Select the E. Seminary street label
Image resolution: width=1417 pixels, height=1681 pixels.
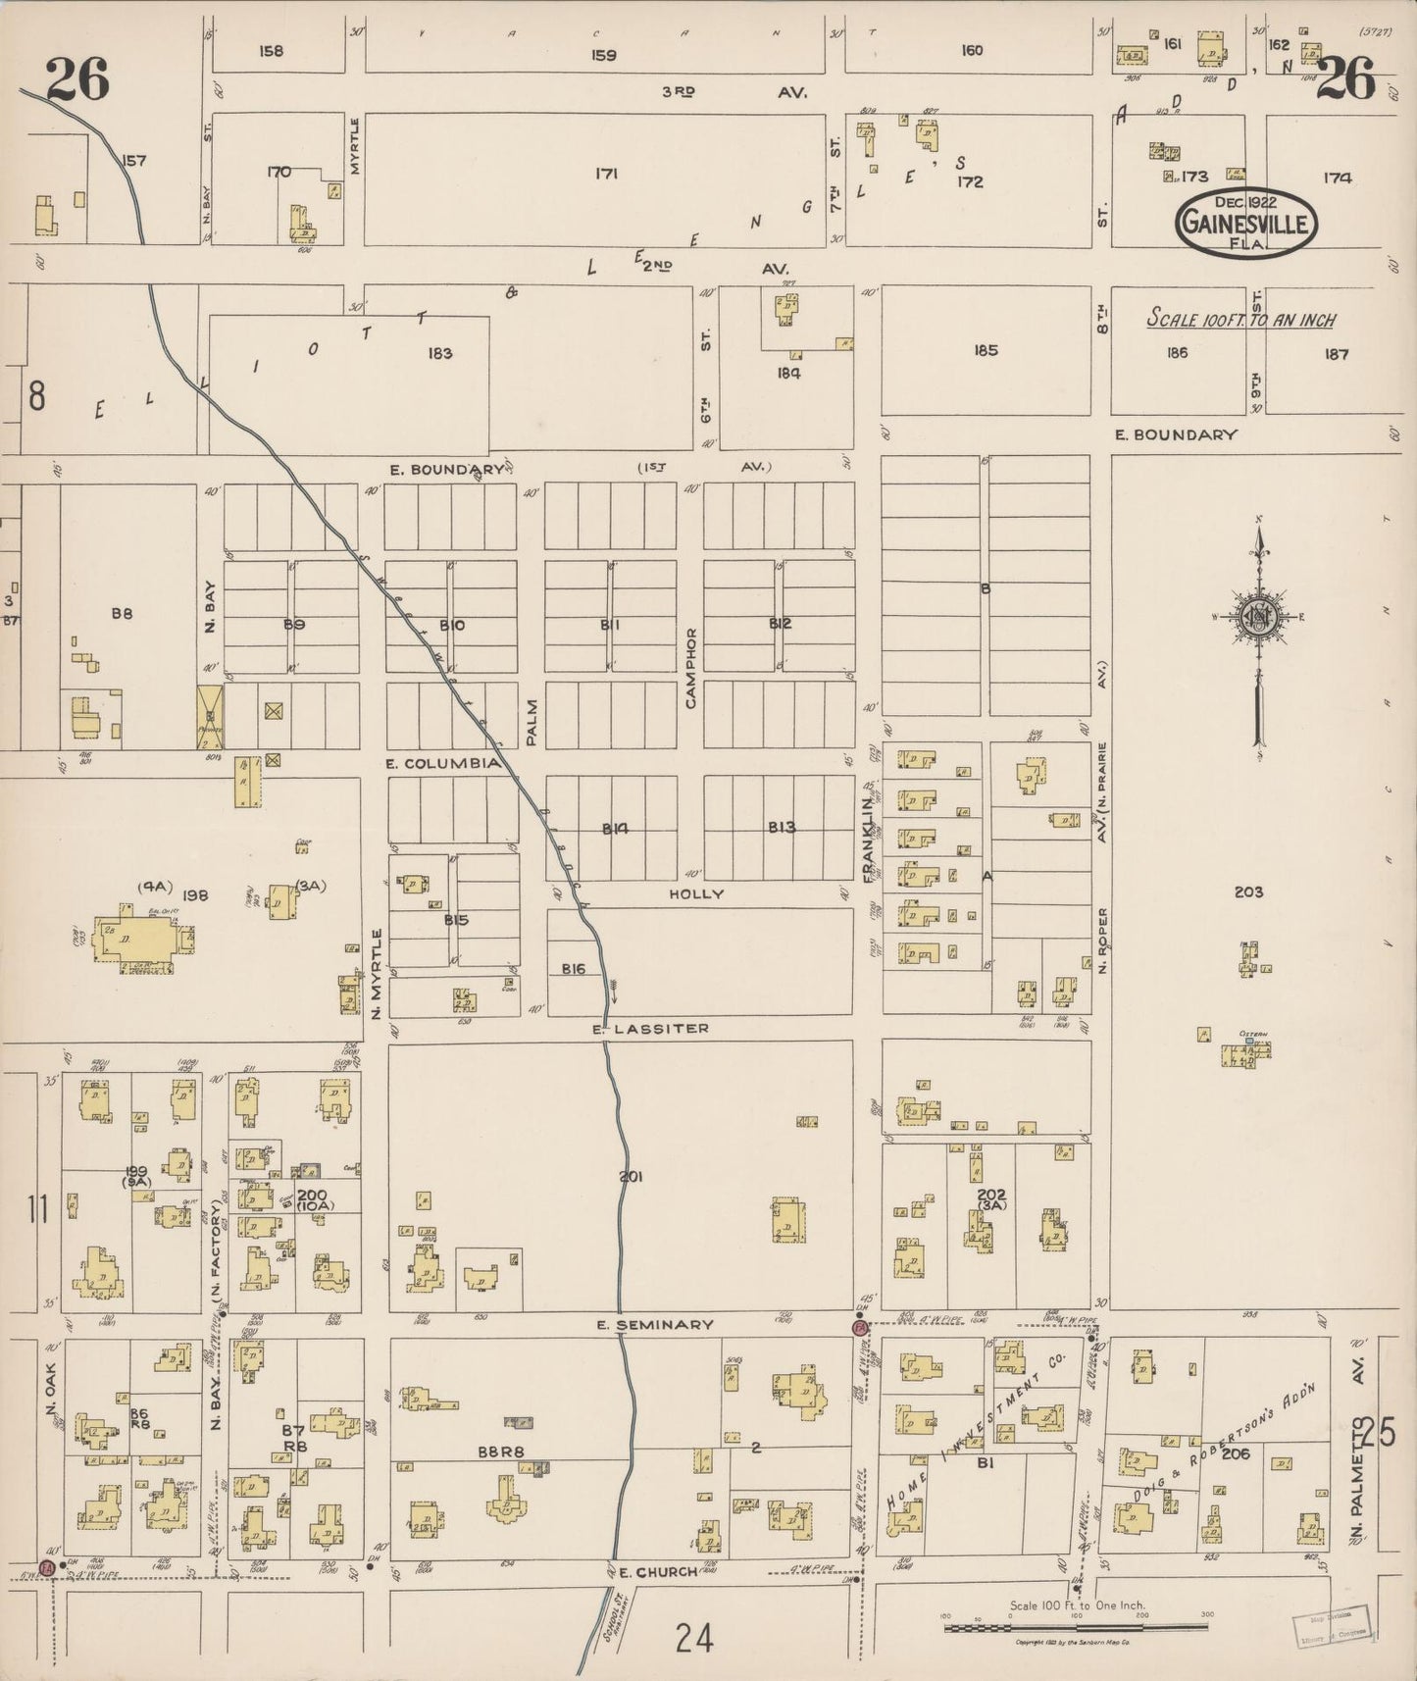pyautogui.click(x=655, y=1325)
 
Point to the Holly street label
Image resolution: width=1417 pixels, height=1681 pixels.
pyautogui.click(x=696, y=894)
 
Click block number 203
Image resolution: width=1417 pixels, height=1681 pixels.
pyautogui.click(x=1248, y=891)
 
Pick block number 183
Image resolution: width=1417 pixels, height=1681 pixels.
pyautogui.click(x=439, y=353)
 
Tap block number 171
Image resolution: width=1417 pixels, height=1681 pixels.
pyautogui.click(x=606, y=174)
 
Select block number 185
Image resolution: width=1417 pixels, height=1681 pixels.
pyautogui.click(x=986, y=350)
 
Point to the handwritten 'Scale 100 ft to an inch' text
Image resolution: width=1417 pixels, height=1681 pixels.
pyautogui.click(x=1241, y=321)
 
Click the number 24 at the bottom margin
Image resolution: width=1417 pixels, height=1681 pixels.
pyautogui.click(x=693, y=1637)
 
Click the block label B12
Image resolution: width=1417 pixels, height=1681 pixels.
pyautogui.click(x=780, y=624)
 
